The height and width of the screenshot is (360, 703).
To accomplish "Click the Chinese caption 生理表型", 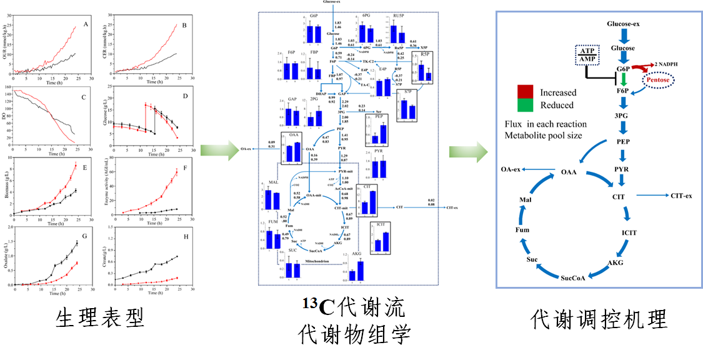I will pyautogui.click(x=100, y=317).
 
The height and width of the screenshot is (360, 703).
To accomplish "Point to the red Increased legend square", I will pyautogui.click(x=525, y=92).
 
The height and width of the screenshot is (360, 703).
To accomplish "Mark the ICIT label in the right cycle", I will pyautogui.click(x=629, y=232).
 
